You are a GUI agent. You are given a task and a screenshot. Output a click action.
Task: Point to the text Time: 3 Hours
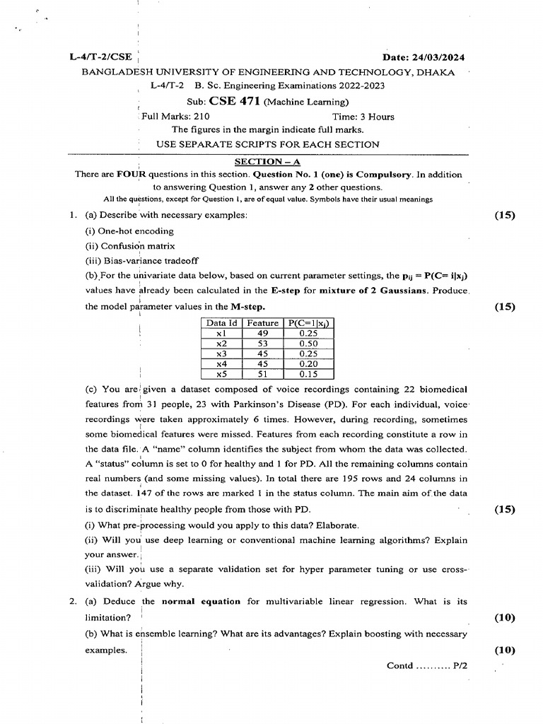pos(363,117)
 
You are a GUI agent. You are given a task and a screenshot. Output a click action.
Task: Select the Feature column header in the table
pos(262,323)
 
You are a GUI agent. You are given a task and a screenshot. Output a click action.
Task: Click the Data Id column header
pos(221,323)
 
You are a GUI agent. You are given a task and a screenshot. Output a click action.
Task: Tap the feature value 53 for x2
pos(262,344)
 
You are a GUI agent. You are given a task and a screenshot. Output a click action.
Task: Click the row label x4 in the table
pos(221,364)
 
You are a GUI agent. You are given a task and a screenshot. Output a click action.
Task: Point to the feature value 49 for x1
pos(262,334)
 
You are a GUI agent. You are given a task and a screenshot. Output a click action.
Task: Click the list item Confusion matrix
pos(130,247)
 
